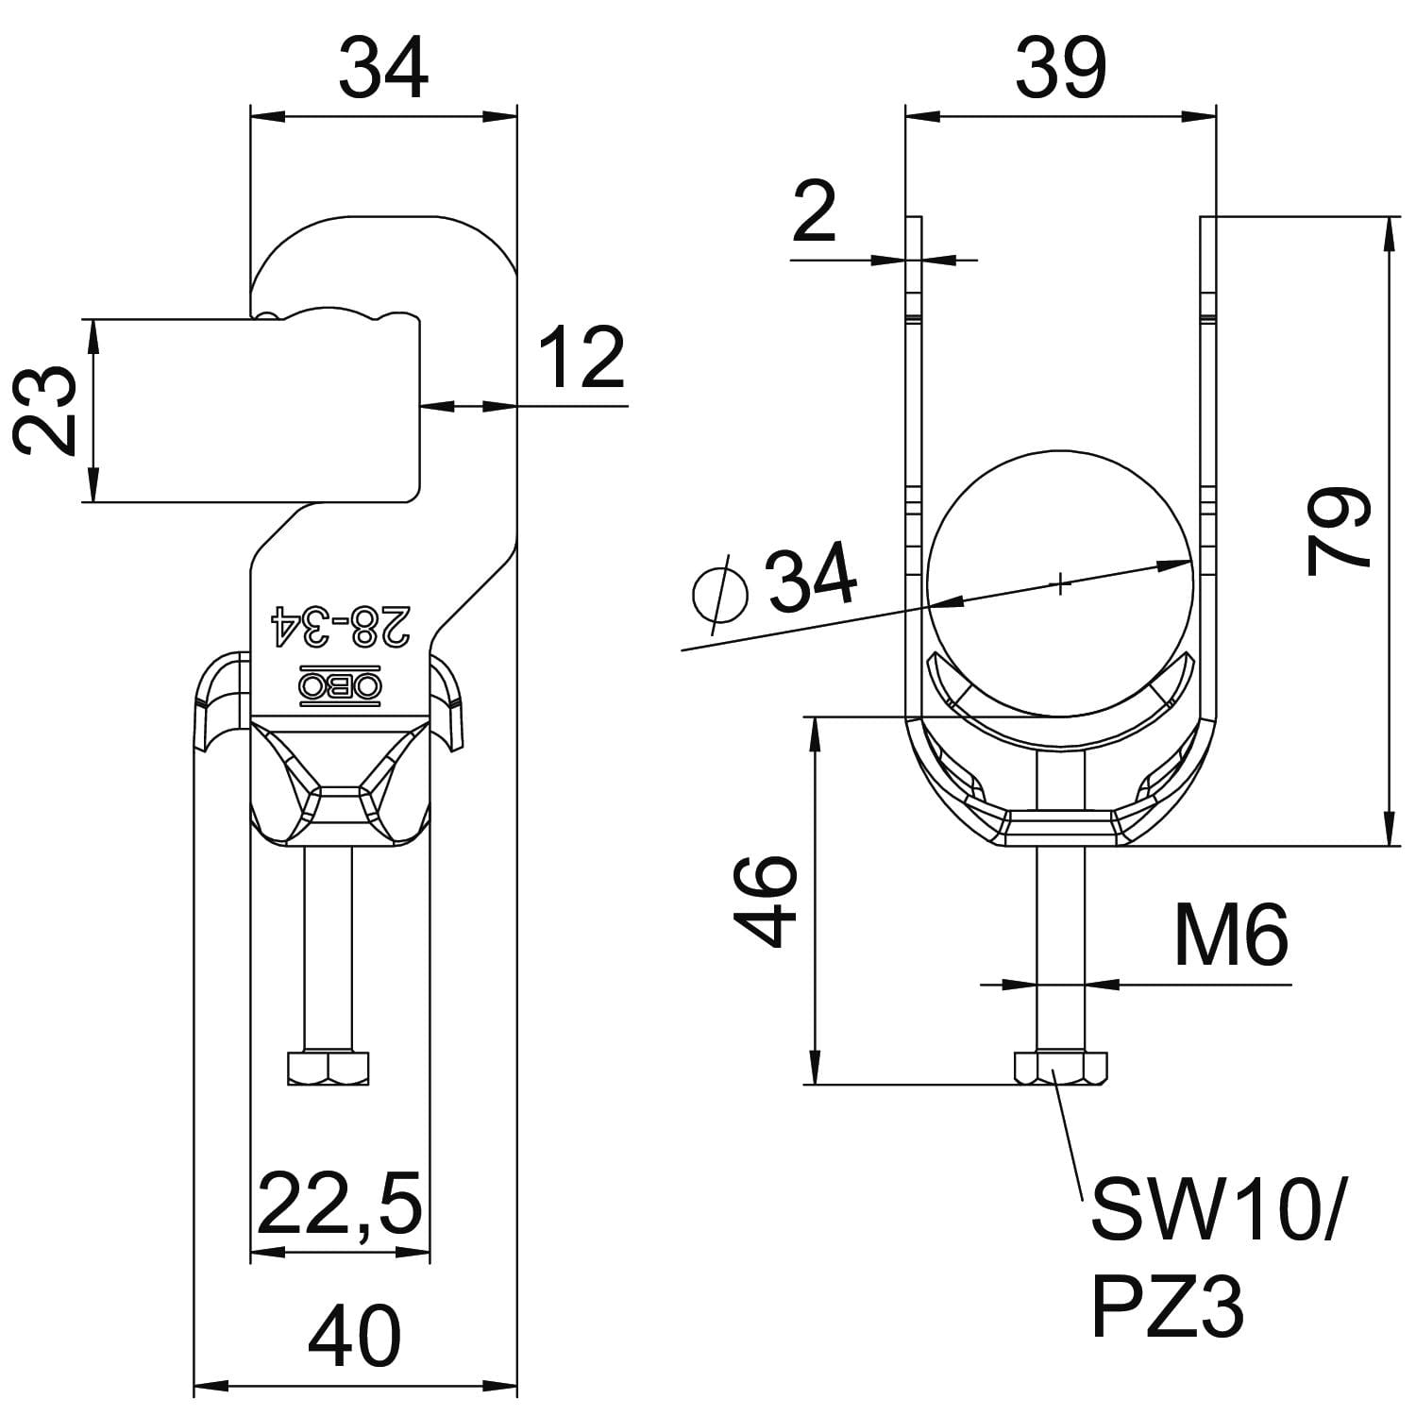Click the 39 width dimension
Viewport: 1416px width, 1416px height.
[x=1060, y=68]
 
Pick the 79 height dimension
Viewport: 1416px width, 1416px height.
[x=1339, y=531]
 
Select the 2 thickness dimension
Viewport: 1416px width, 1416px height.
[x=814, y=213]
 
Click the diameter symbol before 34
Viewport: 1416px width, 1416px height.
[x=720, y=593]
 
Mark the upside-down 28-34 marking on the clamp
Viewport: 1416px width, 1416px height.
[x=341, y=625]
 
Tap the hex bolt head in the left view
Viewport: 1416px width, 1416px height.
[x=328, y=1067]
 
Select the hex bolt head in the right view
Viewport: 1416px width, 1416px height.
[x=1060, y=1067]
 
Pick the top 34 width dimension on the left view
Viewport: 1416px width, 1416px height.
[x=383, y=68]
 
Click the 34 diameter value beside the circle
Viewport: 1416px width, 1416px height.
[x=811, y=575]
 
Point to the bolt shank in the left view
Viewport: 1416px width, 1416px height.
[x=328, y=944]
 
